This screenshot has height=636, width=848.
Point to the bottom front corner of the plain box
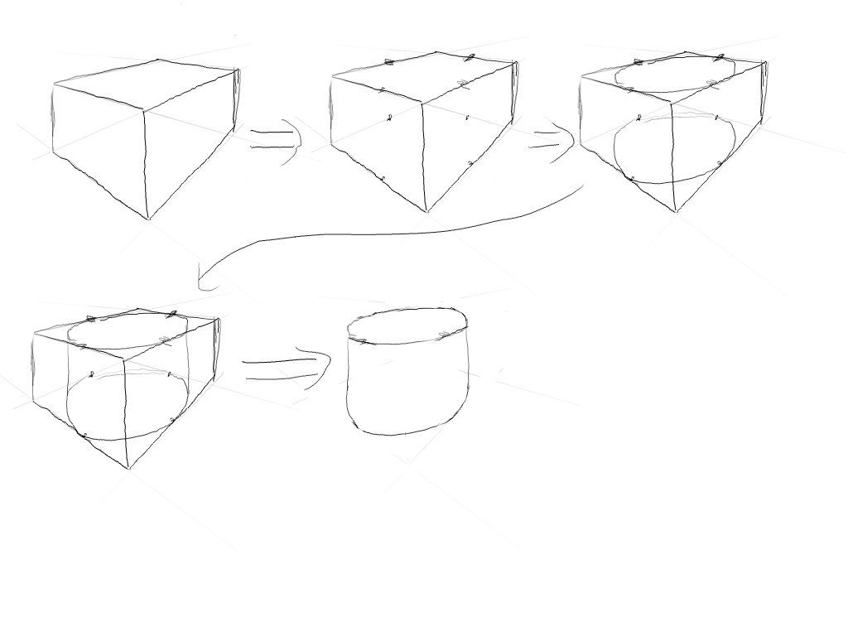(x=148, y=219)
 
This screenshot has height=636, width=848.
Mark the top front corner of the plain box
(x=144, y=108)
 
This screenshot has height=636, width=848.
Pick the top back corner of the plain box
(x=159, y=60)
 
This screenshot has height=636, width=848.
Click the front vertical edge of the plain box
(x=146, y=161)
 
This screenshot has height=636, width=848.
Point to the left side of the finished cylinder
(x=348, y=381)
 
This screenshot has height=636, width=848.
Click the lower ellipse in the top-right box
(x=675, y=149)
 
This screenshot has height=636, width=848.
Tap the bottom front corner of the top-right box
(x=676, y=212)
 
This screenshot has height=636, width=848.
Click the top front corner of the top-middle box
(x=422, y=104)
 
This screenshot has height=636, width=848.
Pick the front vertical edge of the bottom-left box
(x=126, y=414)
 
